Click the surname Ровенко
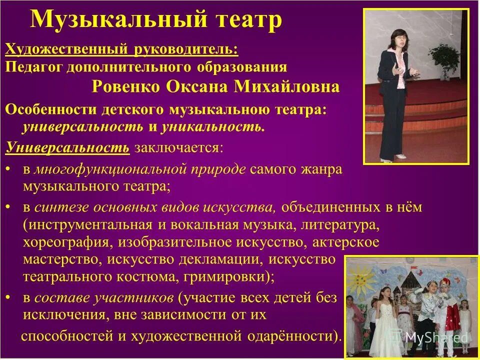pos(127,87)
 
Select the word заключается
pos(176,147)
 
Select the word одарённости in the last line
pos(300,336)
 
